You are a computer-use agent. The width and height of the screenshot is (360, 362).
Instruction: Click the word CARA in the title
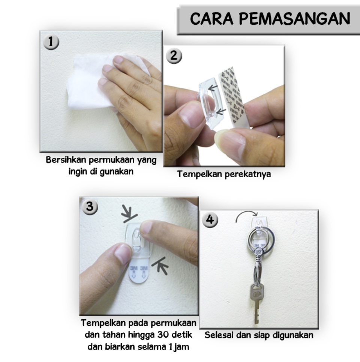click(211, 19)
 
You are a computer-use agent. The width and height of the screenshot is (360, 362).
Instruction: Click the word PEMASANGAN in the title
click(295, 19)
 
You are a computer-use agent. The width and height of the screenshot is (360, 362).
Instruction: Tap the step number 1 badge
click(51, 42)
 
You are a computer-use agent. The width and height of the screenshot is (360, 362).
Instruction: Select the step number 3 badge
click(90, 206)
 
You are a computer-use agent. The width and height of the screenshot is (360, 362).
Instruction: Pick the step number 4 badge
click(210, 220)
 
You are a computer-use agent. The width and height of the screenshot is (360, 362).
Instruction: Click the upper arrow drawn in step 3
click(130, 214)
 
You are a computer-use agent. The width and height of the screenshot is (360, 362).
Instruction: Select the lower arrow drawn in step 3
click(160, 265)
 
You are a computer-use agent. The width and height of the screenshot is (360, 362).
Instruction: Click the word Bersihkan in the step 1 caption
click(66, 160)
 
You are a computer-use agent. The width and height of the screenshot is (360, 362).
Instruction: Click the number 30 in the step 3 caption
click(163, 334)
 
